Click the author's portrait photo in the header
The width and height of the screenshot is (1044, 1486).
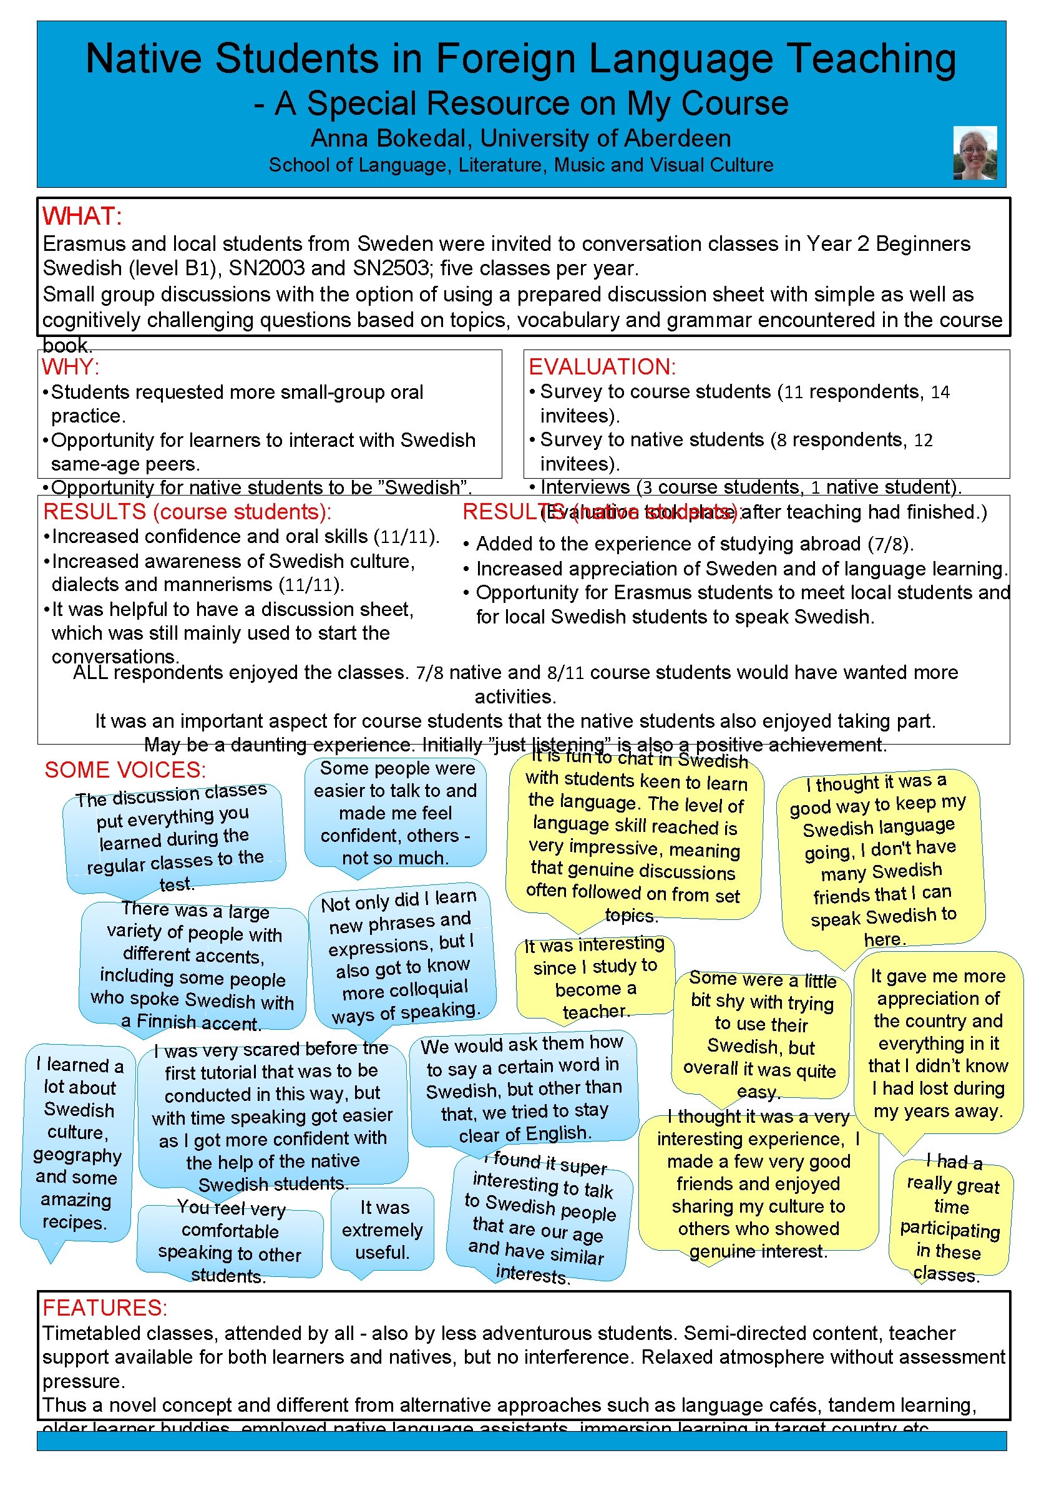[973, 153]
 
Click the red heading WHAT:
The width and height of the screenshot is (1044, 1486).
[82, 216]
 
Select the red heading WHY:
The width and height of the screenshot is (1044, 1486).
[71, 366]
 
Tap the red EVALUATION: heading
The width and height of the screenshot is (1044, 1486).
[602, 366]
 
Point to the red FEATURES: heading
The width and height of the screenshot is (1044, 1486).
[104, 1308]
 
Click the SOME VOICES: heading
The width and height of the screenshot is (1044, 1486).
[125, 770]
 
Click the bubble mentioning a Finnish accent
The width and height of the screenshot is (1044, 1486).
[193, 966]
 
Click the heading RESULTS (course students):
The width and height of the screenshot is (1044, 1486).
[187, 512]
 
